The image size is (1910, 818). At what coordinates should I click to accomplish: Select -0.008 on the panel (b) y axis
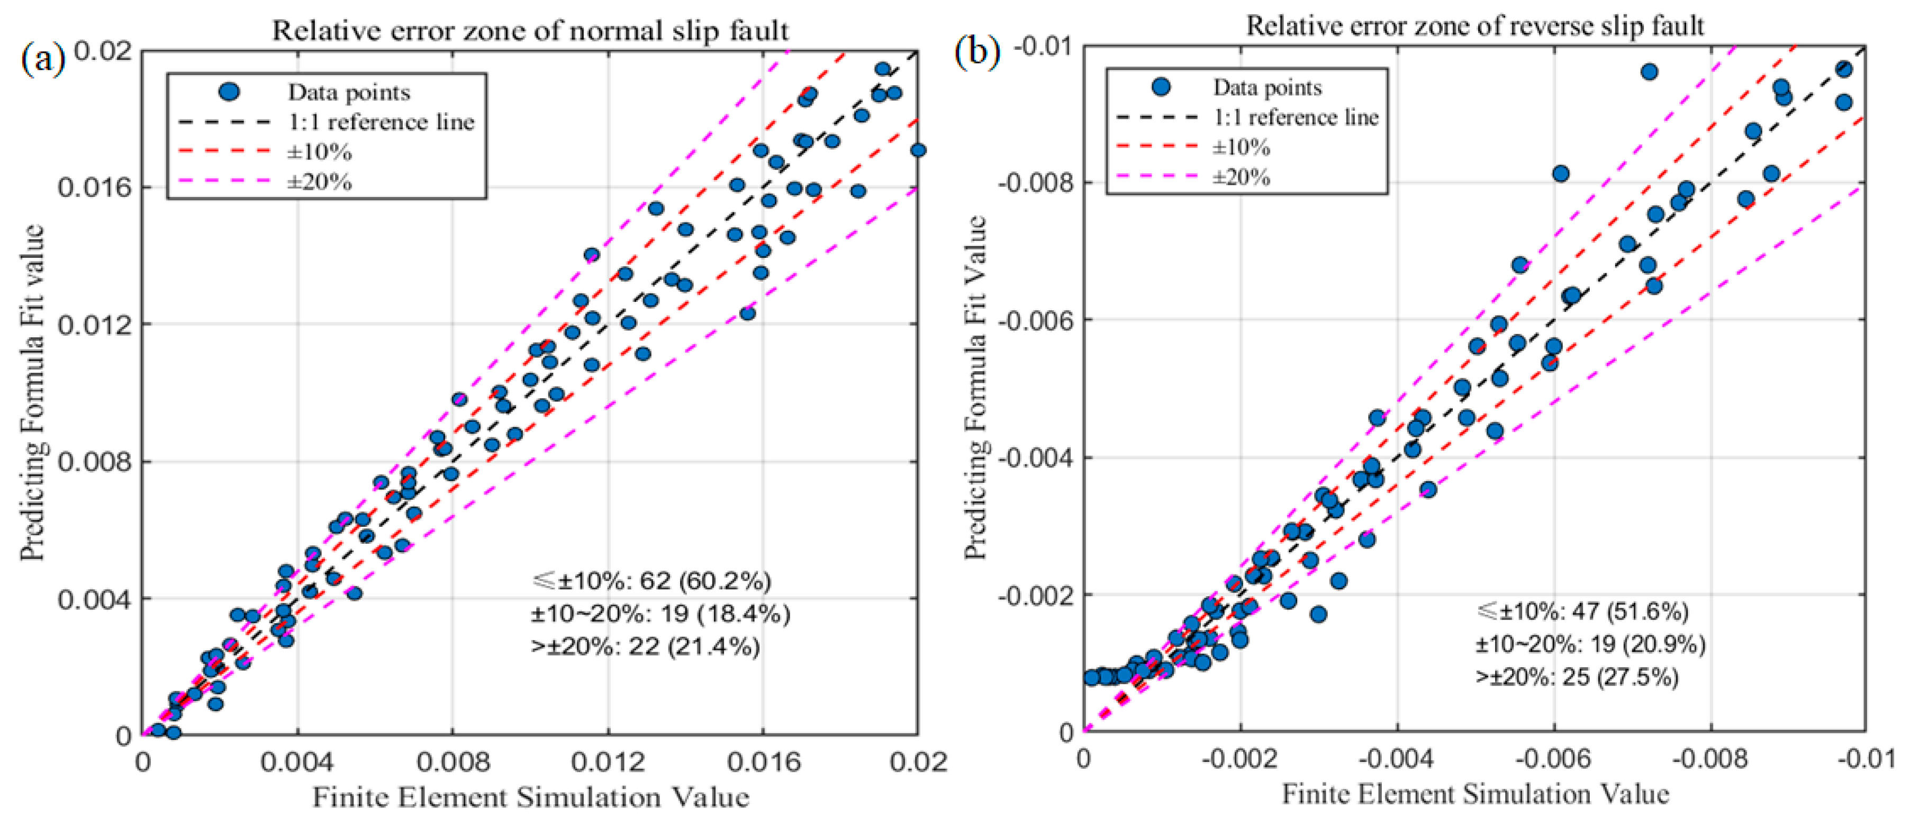[x=1034, y=183]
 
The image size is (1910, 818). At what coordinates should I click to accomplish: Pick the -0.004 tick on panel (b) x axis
[x=1397, y=759]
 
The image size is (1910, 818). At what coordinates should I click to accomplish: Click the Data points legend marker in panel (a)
[x=230, y=92]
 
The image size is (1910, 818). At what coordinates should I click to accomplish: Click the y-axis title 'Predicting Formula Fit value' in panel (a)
[x=33, y=393]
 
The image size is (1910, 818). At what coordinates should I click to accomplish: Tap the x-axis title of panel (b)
[x=1475, y=794]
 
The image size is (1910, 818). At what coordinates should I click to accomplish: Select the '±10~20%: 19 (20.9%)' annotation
[x=1590, y=644]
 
